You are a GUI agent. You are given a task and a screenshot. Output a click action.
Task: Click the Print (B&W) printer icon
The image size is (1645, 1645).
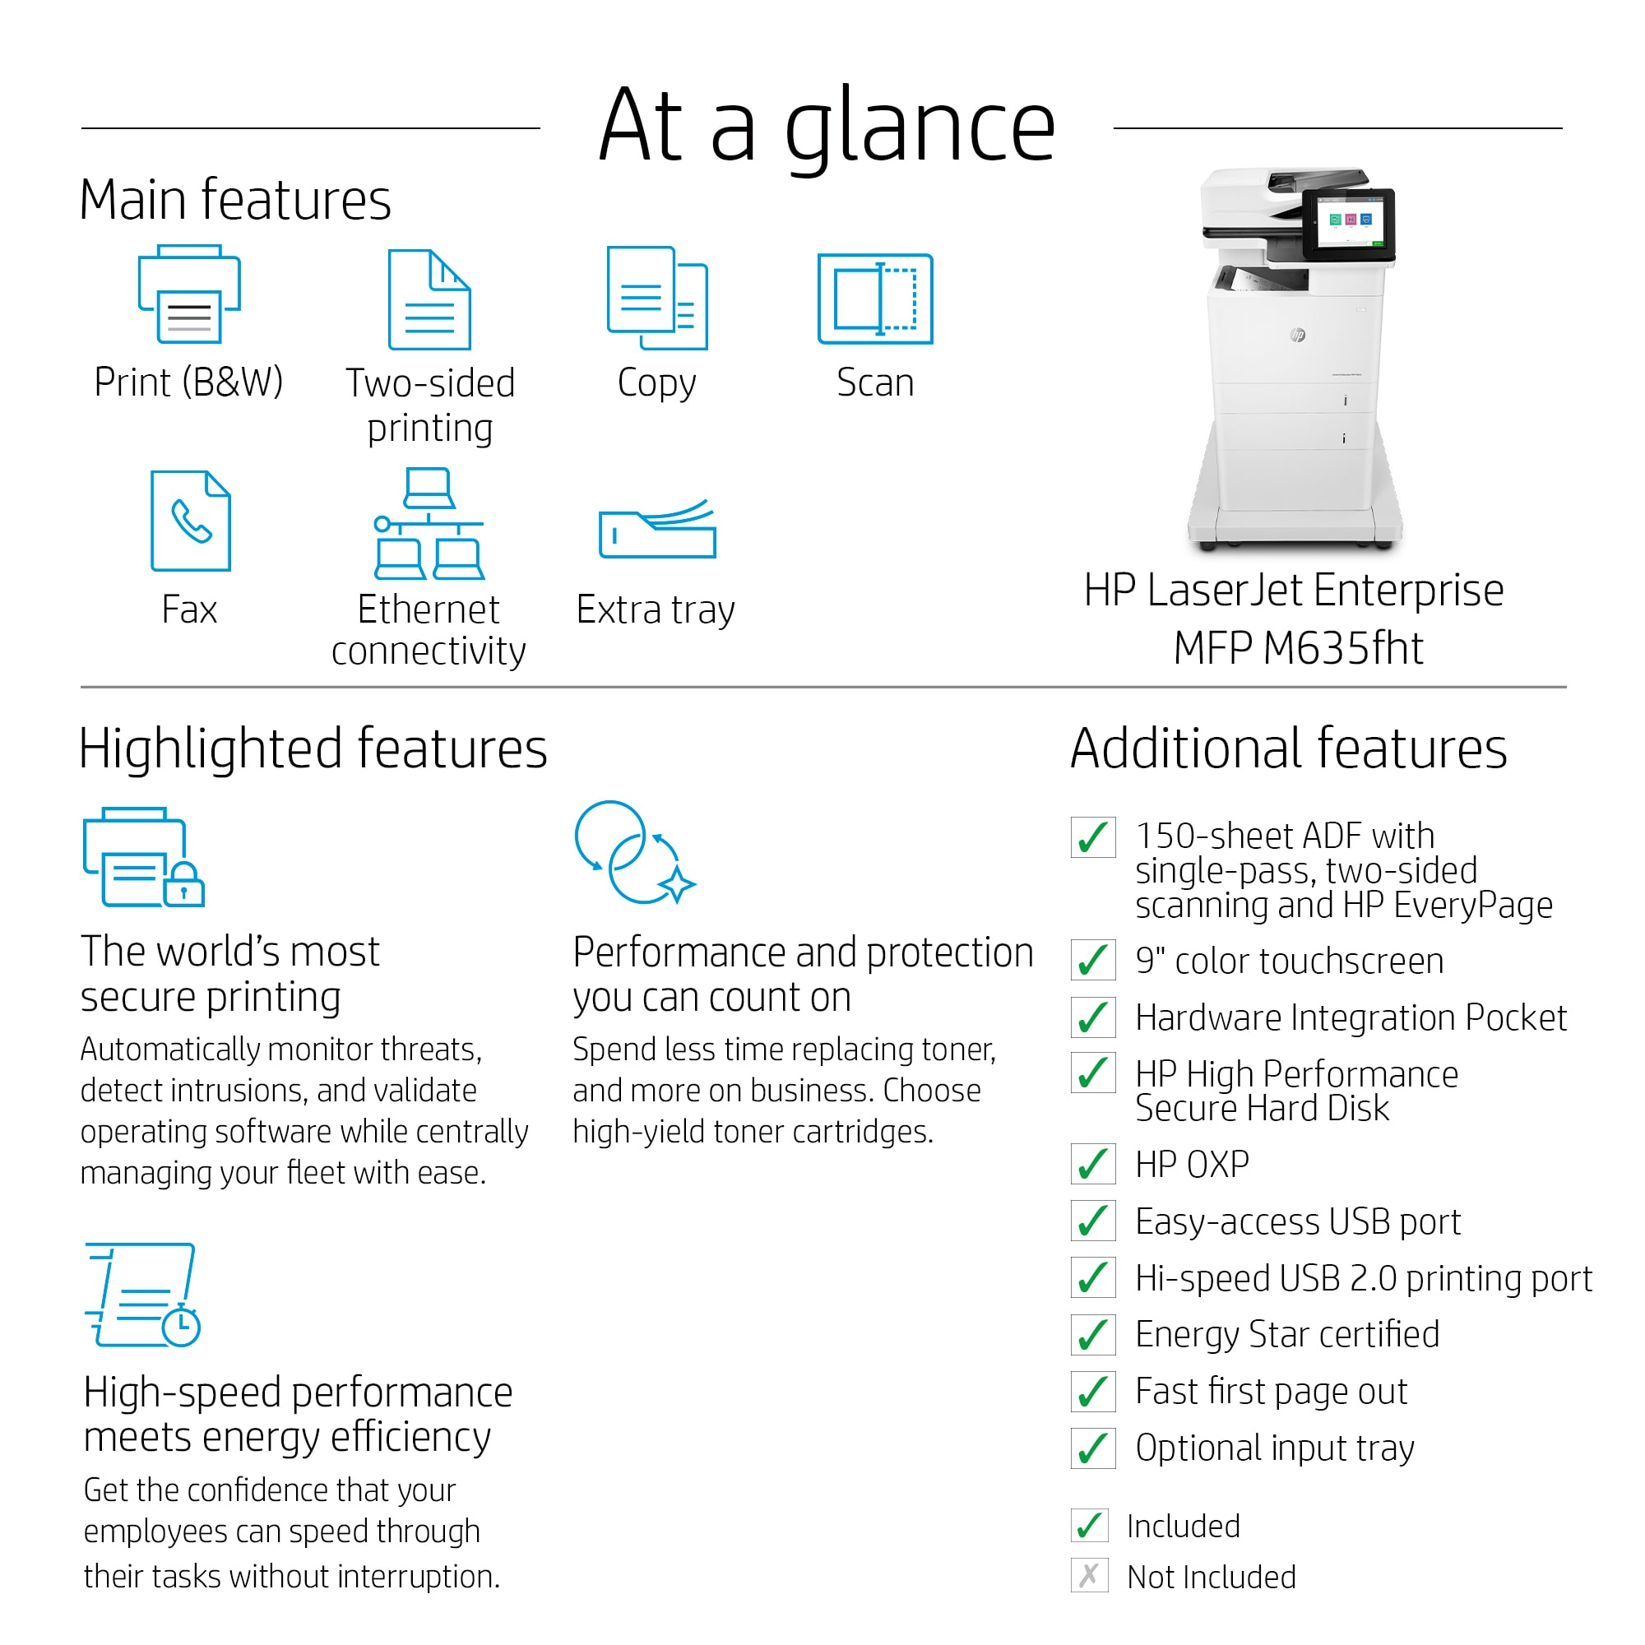[x=189, y=294]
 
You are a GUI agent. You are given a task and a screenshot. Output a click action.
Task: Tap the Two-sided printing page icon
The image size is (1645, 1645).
[x=429, y=299]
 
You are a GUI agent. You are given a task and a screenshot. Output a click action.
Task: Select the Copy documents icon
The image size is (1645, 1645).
[x=656, y=297]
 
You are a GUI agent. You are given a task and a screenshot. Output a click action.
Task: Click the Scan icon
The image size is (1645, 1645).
[x=874, y=298]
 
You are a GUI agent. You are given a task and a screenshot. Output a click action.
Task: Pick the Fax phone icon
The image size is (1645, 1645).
[x=190, y=521]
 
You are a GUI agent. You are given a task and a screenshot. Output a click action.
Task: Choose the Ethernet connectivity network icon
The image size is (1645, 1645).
[x=429, y=523]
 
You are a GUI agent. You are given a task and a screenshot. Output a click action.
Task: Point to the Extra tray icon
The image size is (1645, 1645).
[x=657, y=529]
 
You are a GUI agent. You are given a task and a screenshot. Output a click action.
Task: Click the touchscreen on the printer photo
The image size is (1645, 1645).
[x=1350, y=222]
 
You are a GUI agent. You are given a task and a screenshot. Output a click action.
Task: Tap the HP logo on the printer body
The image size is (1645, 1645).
[x=1298, y=335]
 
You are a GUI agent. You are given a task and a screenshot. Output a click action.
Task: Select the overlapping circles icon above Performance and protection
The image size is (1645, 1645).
[x=634, y=852]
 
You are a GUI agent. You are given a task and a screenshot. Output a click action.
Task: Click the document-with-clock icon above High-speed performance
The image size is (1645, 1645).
[x=142, y=1294]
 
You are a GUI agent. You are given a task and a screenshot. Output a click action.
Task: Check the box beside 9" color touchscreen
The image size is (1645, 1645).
[x=1093, y=961]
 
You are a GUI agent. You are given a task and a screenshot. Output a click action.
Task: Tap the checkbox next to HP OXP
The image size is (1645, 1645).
[x=1093, y=1164]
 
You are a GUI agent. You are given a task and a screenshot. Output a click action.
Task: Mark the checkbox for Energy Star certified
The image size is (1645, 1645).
[x=1093, y=1334]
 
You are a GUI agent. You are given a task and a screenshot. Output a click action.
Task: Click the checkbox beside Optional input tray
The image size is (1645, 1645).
[x=1093, y=1448]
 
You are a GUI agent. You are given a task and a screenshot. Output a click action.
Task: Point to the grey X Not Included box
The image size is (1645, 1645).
[x=1090, y=1576]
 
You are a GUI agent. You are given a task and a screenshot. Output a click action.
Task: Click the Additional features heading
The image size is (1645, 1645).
[x=1288, y=748]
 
